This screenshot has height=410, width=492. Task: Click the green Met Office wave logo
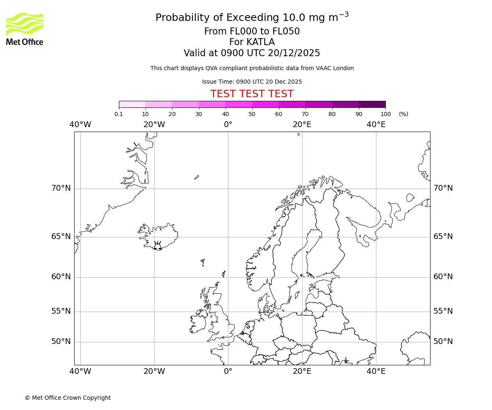click(x=25, y=24)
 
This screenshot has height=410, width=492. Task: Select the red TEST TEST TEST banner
click(x=252, y=94)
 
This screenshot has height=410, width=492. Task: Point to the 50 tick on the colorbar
click(x=252, y=114)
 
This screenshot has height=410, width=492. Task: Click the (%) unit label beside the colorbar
click(x=403, y=114)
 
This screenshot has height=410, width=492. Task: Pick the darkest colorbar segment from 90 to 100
click(x=372, y=104)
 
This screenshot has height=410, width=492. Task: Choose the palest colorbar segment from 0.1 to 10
click(x=132, y=104)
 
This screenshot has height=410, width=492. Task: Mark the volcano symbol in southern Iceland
click(x=157, y=246)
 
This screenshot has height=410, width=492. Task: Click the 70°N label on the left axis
click(x=61, y=188)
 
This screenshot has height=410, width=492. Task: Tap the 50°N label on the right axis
click(x=443, y=342)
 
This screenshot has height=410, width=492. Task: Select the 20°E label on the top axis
click(x=302, y=125)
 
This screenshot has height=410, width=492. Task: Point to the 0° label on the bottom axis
click(x=228, y=371)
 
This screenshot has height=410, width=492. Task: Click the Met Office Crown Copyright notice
click(x=68, y=398)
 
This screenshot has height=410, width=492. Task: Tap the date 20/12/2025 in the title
click(x=294, y=53)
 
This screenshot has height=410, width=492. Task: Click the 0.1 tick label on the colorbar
click(x=119, y=114)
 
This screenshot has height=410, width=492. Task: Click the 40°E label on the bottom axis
click(x=376, y=371)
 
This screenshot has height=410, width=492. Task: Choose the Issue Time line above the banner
click(x=252, y=82)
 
